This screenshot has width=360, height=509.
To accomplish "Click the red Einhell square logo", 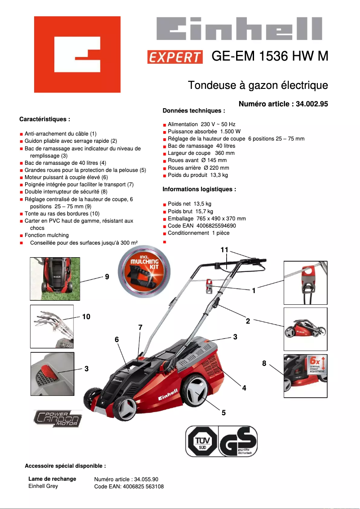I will (x=77, y=54).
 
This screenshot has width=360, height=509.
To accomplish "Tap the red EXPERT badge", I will (x=175, y=57).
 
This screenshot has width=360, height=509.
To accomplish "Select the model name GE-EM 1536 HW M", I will (x=270, y=56).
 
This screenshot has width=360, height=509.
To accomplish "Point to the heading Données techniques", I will (x=193, y=110).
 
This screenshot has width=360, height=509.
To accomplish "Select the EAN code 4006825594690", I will (x=216, y=225).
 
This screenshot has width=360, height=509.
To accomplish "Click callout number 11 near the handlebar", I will (x=224, y=250).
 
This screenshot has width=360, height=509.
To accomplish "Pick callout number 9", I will (x=107, y=277).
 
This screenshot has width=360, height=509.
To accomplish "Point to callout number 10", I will (x=86, y=316).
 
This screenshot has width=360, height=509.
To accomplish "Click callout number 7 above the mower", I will (x=140, y=328).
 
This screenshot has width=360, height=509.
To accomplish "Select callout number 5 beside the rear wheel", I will (x=224, y=412).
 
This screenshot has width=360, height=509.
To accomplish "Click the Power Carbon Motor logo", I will (x=57, y=418).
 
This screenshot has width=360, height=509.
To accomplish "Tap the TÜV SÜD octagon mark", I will (x=202, y=442).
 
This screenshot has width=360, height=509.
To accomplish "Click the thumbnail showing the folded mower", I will (x=305, y=329).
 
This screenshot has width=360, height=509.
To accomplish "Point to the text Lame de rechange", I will (x=52, y=479).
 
